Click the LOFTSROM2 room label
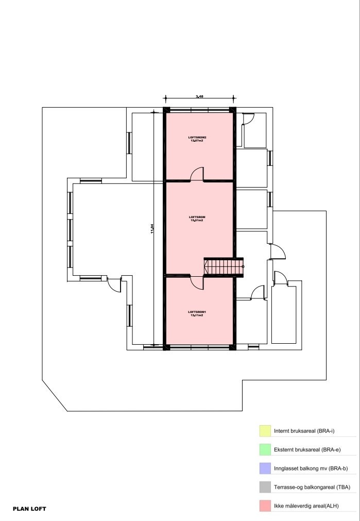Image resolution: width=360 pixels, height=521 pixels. point(197,137)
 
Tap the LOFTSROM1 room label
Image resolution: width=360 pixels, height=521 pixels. point(197,311)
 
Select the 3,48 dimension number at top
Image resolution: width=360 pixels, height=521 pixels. point(199,96)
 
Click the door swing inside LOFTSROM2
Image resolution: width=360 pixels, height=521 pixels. point(197,175)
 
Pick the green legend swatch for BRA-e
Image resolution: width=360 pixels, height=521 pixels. point(265,449)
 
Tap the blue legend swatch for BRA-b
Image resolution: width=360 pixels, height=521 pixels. point(265,468)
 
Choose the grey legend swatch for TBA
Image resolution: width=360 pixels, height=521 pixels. point(265,486)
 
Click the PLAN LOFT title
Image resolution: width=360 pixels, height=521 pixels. point(29,509)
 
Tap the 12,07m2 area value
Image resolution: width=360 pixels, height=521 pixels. point(197,140)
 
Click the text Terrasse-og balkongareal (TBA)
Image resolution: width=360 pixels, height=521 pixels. point(316,487)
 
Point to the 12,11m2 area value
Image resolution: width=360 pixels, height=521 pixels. point(197,315)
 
